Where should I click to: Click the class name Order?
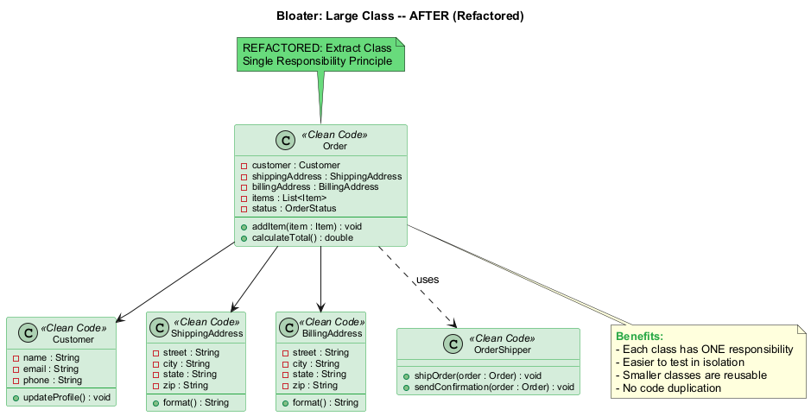pyautogui.click(x=335, y=147)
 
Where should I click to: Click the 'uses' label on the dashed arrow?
pyautogui.click(x=428, y=280)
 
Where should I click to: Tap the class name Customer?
pyautogui.click(x=73, y=339)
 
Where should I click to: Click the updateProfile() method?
pyautogui.click(x=66, y=397)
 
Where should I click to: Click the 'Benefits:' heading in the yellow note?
pyautogui.click(x=639, y=336)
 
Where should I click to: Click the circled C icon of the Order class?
pyautogui.click(x=283, y=141)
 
